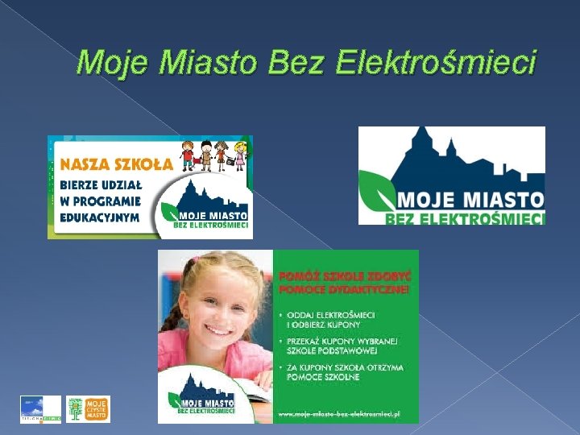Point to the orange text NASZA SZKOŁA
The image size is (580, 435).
tap(117, 164)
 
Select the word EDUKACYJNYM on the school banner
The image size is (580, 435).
tap(101, 217)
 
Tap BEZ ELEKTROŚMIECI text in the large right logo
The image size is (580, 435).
tap(465, 217)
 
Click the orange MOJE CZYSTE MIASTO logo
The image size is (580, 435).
tap(88, 409)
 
